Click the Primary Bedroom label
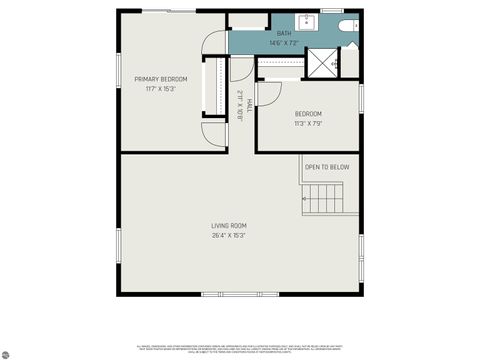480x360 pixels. (x=162, y=79)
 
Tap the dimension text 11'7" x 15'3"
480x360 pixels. (x=162, y=89)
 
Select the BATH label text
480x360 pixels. (x=284, y=33)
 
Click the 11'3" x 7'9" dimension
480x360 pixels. (x=308, y=125)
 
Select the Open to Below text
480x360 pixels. (x=327, y=167)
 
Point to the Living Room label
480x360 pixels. (x=229, y=226)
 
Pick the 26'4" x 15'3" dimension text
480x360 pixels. (x=229, y=236)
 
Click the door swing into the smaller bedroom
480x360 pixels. (x=266, y=93)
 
